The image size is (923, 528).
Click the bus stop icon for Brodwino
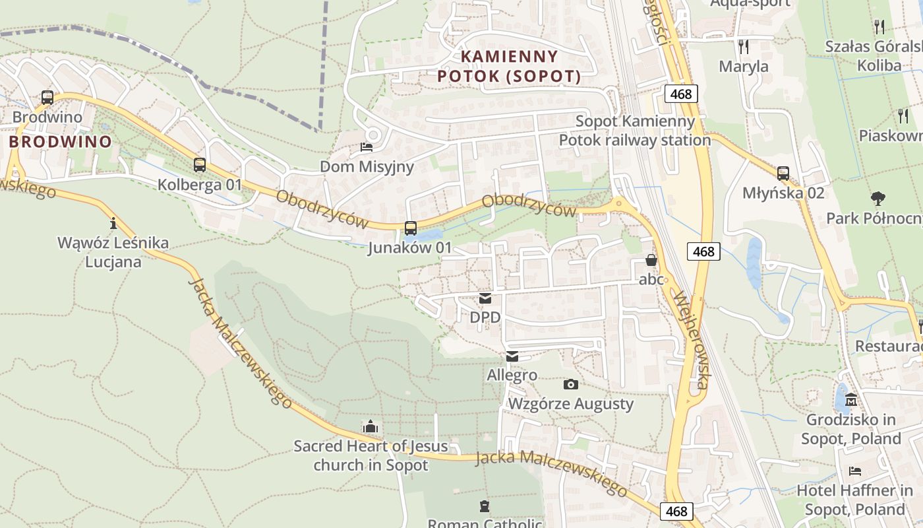(x=47, y=98)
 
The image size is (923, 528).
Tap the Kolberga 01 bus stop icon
(x=199, y=165)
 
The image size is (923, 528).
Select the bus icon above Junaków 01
(x=410, y=228)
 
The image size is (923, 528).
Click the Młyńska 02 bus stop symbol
(x=783, y=174)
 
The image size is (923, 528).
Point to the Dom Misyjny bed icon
(x=367, y=147)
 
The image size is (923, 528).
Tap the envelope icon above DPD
(x=485, y=298)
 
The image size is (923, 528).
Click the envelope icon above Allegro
(x=512, y=356)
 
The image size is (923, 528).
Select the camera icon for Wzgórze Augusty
(x=571, y=384)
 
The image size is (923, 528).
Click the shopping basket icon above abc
(x=651, y=260)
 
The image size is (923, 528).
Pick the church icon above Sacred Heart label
(x=371, y=426)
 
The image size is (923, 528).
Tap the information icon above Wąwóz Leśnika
(x=113, y=223)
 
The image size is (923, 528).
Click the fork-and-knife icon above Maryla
(x=744, y=46)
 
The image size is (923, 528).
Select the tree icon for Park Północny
(x=878, y=198)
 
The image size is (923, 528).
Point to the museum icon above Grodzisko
(x=851, y=400)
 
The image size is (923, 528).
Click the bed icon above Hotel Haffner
(x=855, y=471)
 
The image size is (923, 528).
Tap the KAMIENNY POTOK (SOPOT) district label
(x=509, y=66)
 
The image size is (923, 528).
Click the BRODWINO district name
(x=60, y=141)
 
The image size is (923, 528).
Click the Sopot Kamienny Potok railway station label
(x=635, y=131)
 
